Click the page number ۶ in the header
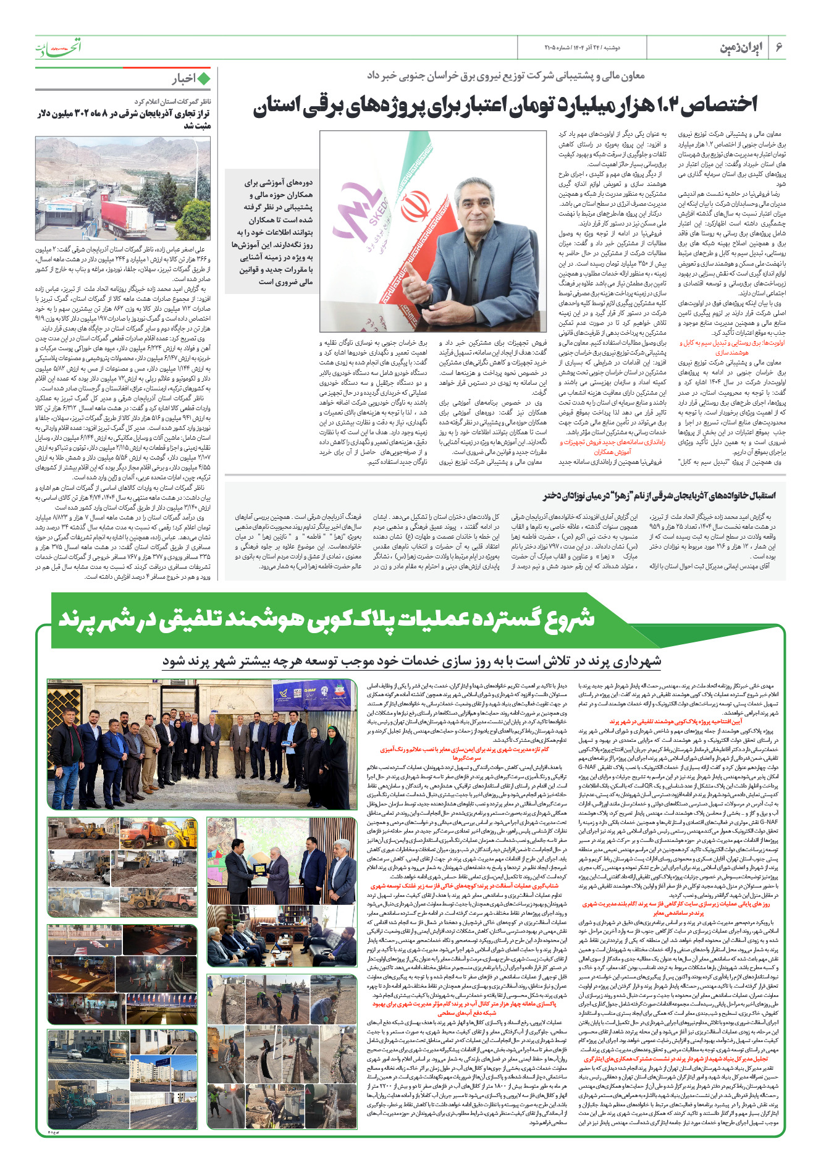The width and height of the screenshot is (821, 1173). (x=778, y=48)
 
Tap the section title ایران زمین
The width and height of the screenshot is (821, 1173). (x=741, y=48)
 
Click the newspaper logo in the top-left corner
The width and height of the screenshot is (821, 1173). (x=58, y=47)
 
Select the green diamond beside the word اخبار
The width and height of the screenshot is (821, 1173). (x=203, y=78)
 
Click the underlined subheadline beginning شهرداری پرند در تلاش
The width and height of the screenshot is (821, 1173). (x=411, y=661)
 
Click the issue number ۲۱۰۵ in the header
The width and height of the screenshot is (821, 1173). (x=553, y=48)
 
